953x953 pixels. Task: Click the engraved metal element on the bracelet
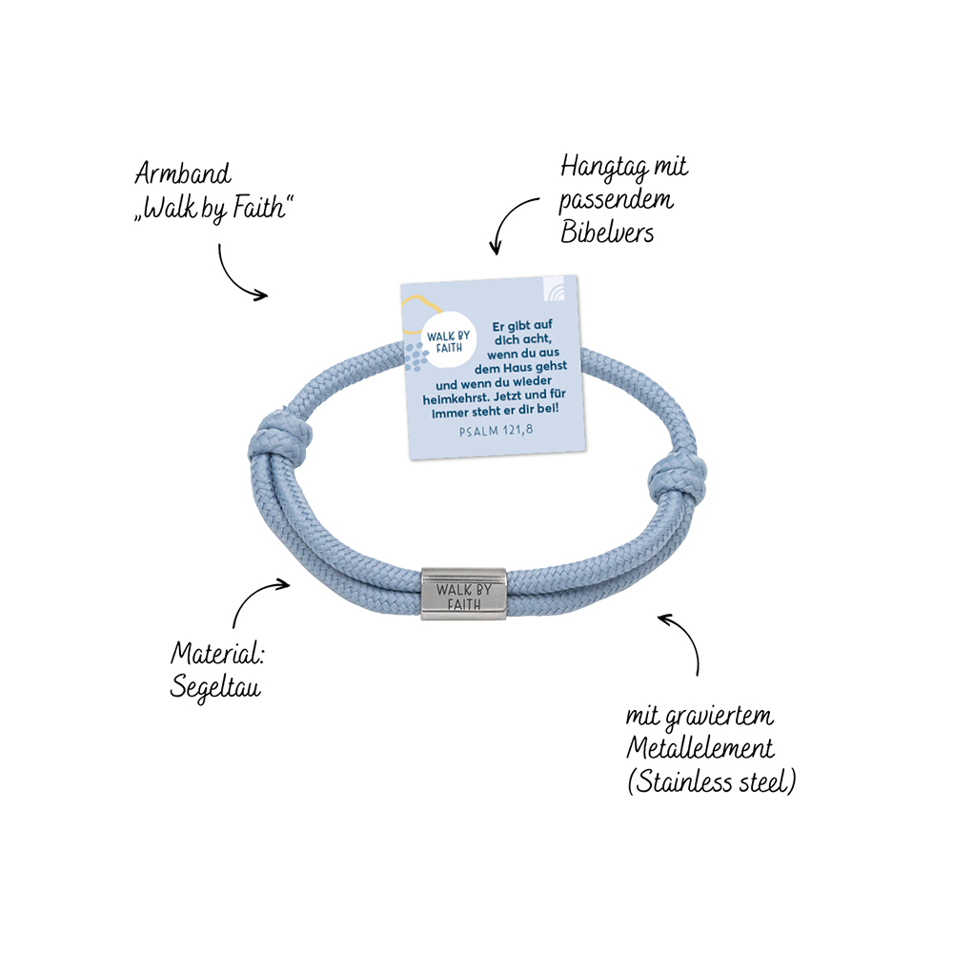(464, 594)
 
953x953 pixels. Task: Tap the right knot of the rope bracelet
(677, 478)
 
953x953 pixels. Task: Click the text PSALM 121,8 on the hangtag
(496, 431)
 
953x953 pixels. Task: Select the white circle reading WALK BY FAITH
(449, 341)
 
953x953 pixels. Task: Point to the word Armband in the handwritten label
(183, 173)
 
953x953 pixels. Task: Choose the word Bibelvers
(606, 232)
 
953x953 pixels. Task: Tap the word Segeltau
(215, 687)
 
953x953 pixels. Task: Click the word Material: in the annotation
(217, 654)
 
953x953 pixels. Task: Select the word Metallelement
(700, 747)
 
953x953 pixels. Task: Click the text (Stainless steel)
(711, 781)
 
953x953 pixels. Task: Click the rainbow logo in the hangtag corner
(553, 289)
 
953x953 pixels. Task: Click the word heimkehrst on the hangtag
(456, 398)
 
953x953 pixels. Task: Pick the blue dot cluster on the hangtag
(416, 356)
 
